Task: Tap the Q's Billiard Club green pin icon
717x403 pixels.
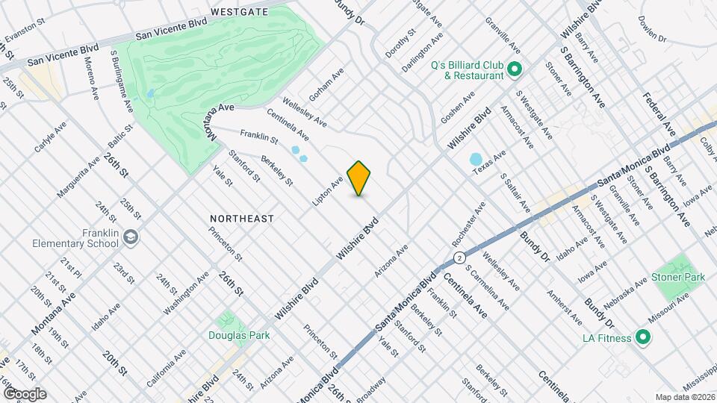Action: coord(514,70)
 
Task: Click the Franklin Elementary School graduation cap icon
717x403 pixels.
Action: coord(132,237)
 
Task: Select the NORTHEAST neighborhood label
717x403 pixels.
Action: coord(241,219)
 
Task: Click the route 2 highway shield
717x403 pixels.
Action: coord(456,257)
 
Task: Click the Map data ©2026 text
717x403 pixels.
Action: coord(684,396)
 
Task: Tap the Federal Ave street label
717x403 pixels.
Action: coord(659,114)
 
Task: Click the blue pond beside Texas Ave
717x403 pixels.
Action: coord(475,160)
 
